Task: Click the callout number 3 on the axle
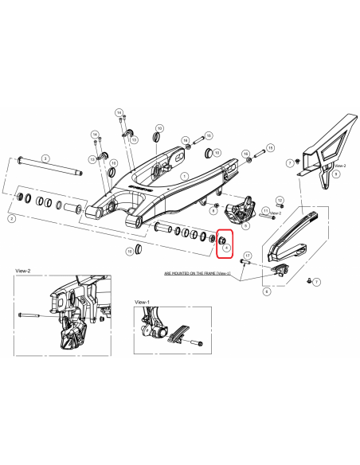click(45, 158)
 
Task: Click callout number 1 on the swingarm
click(182, 177)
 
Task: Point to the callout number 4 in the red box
click(227, 249)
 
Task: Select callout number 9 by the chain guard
click(336, 173)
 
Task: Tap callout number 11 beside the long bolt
click(265, 209)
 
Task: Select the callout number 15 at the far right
click(270, 148)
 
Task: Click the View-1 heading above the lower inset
click(143, 303)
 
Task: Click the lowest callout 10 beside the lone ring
click(130, 251)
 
